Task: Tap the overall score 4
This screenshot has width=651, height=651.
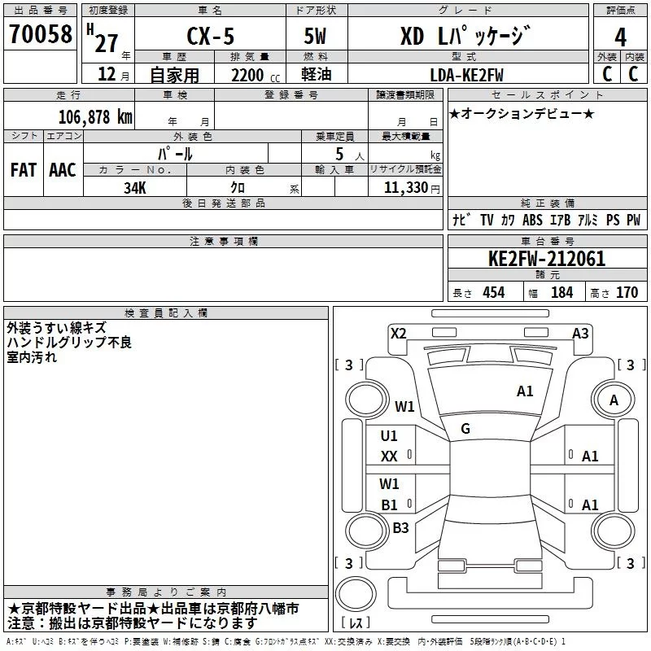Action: tap(620, 37)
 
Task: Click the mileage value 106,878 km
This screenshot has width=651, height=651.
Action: tap(95, 116)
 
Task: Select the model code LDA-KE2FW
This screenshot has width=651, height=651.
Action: tap(467, 75)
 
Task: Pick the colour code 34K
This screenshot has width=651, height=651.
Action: tap(134, 187)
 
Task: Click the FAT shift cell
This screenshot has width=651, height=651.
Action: tap(23, 169)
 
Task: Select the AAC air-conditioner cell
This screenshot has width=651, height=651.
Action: tap(62, 169)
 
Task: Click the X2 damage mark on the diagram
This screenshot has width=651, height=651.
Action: tap(398, 333)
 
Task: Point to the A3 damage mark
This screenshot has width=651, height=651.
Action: tap(580, 333)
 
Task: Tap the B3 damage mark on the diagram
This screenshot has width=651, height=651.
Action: tap(400, 527)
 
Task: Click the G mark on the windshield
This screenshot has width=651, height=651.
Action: tap(465, 428)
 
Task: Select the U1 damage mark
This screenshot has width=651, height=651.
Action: tap(389, 436)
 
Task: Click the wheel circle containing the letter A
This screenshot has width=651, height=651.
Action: tap(614, 400)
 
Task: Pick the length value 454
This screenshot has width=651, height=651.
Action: tap(493, 293)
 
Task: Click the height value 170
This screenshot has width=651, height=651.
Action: tap(627, 293)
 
